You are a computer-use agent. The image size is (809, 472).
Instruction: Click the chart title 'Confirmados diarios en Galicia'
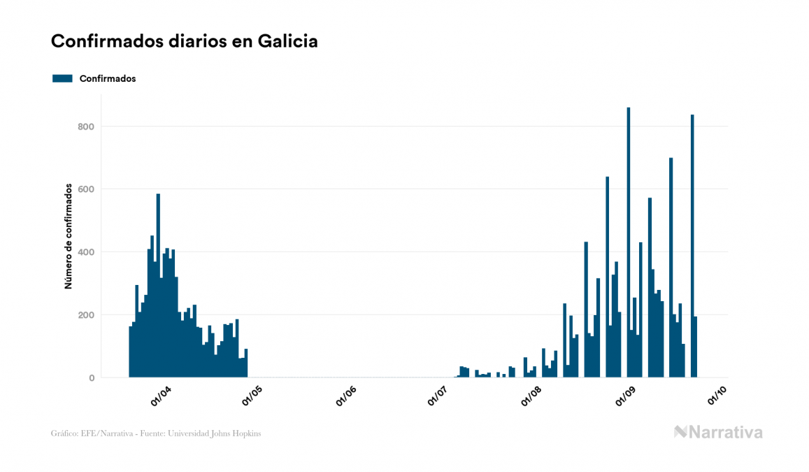pyautogui.click(x=185, y=41)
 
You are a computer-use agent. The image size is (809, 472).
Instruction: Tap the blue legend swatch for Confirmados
pyautogui.click(x=62, y=78)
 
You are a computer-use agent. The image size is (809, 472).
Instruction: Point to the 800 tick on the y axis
pyautogui.click(x=86, y=127)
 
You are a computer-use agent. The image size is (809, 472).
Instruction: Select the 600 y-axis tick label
pyautogui.click(x=86, y=189)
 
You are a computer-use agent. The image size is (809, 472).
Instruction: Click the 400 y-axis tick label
pyautogui.click(x=86, y=252)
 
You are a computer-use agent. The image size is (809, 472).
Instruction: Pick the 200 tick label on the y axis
pyautogui.click(x=86, y=315)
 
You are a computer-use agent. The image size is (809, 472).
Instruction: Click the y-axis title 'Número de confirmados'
pyautogui.click(x=69, y=236)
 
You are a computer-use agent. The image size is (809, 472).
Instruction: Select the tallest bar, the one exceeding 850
pyautogui.click(x=629, y=245)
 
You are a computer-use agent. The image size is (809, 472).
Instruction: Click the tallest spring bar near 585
pyautogui.click(x=158, y=287)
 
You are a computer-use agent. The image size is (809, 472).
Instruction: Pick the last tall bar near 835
pyautogui.click(x=692, y=245)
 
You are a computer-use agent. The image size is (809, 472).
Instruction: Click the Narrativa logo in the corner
pyautogui.click(x=718, y=432)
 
